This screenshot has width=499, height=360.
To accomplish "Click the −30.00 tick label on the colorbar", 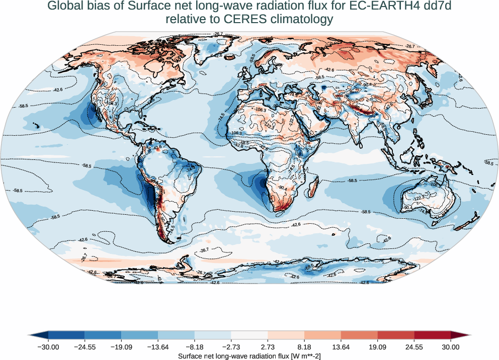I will pyautogui.click(x=48, y=347).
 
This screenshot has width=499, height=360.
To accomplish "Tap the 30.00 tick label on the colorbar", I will pyautogui.click(x=451, y=347).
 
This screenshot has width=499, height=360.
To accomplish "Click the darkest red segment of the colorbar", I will pyautogui.click(x=433, y=335).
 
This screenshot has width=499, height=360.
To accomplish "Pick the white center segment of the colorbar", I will pyautogui.click(x=249, y=335).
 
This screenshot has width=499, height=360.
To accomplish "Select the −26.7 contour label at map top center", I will pyautogui.click(x=217, y=34).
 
